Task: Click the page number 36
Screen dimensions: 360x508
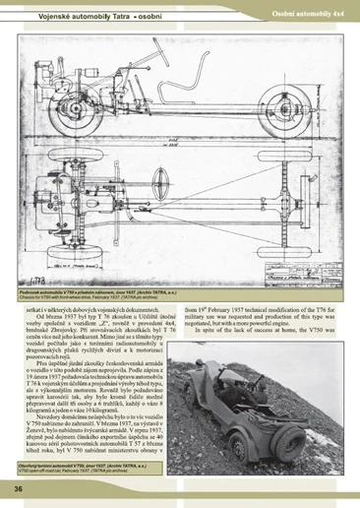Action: pyautogui.click(x=19, y=489)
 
